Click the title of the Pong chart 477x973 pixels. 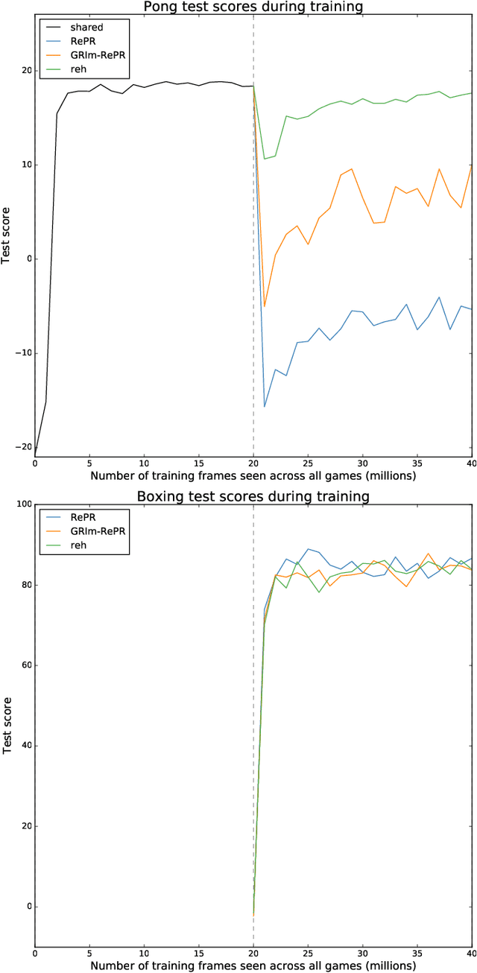[x=253, y=7]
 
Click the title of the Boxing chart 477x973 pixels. [x=253, y=495]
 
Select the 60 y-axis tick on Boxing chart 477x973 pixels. [x=23, y=665]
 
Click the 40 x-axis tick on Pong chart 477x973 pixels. [x=471, y=463]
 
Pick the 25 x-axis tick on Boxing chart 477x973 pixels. [x=308, y=952]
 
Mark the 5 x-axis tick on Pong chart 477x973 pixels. [x=89, y=463]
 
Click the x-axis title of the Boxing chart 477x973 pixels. [x=253, y=965]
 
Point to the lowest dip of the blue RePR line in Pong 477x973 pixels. [x=265, y=407]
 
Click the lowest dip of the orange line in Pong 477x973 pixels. [x=265, y=306]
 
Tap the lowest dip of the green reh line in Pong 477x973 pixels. [x=265, y=159]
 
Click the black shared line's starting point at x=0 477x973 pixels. [x=35, y=456]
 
